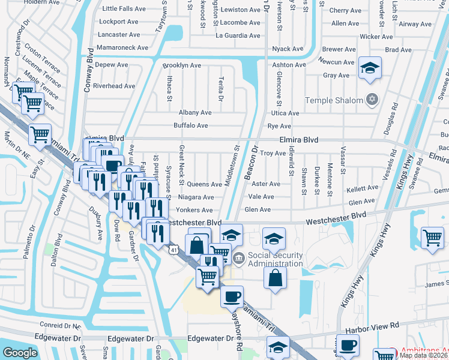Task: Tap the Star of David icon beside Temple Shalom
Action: [372, 99]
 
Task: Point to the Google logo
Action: [20, 353]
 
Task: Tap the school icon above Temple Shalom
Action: [370, 68]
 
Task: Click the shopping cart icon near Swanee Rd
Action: [432, 238]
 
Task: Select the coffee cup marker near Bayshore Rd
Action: [232, 295]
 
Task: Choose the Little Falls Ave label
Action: [124, 9]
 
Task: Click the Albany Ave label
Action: [195, 112]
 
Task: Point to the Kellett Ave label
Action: [363, 188]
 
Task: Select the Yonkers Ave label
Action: [194, 210]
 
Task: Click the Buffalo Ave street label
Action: [190, 125]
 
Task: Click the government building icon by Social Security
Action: [238, 259]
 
